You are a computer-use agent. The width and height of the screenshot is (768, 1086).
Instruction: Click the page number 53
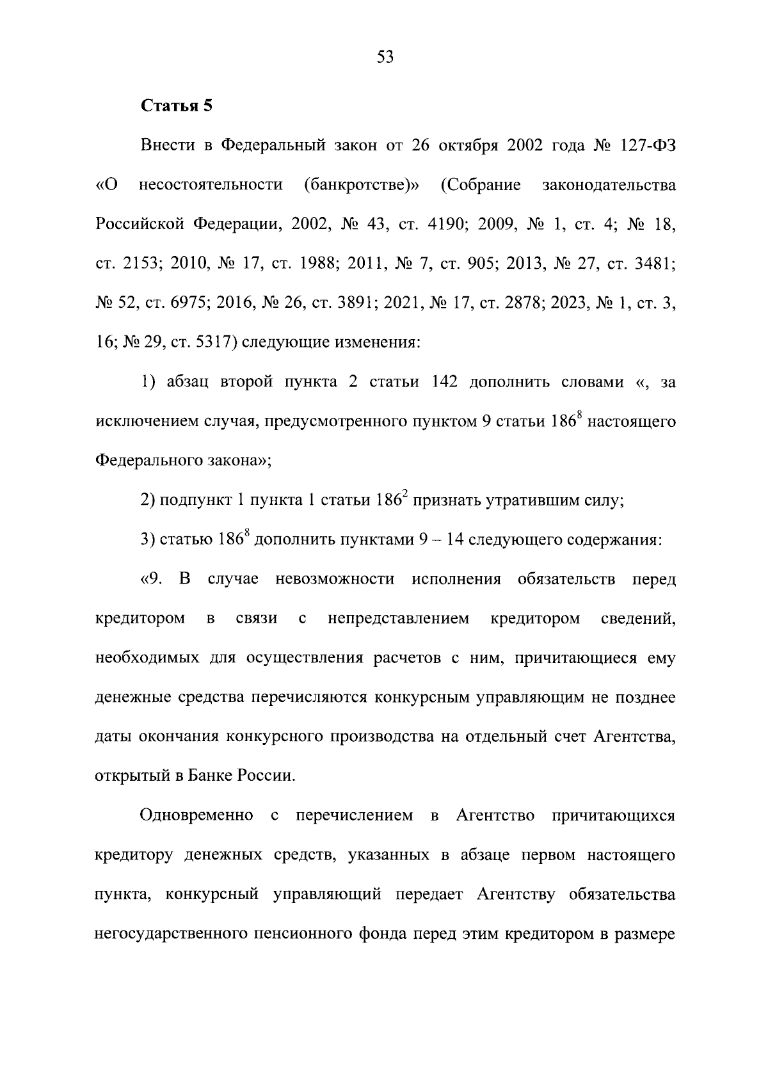coord(385,58)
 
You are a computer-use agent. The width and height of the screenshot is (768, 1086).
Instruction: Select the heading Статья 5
coord(176,106)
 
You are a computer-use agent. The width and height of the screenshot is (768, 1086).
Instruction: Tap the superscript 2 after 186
coord(404,495)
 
